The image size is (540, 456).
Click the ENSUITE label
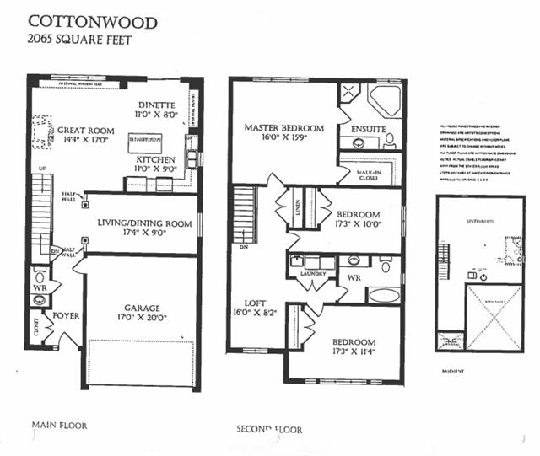tap(369, 129)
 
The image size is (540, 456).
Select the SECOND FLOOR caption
tap(269, 430)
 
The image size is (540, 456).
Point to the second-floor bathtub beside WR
tap(383, 296)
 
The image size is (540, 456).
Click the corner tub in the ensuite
tap(385, 100)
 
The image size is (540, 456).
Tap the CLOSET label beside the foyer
tap(36, 330)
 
